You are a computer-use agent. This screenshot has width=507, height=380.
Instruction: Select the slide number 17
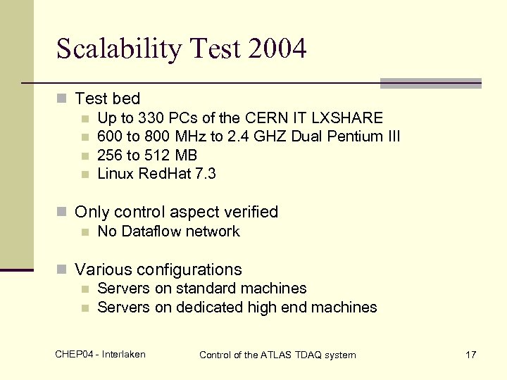pos(471,355)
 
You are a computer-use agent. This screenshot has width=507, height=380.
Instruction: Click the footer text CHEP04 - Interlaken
pos(100,354)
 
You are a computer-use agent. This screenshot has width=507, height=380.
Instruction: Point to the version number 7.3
pos(204,174)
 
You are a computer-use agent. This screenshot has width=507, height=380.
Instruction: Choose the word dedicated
pos(208,308)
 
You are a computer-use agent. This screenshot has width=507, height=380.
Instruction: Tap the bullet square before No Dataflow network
pos(85,232)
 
